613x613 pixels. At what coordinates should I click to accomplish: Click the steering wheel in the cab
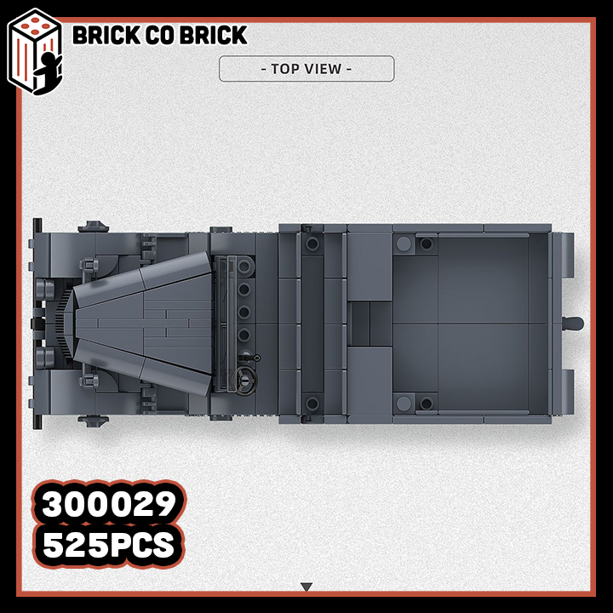244,379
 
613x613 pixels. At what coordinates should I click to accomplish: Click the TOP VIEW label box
306,69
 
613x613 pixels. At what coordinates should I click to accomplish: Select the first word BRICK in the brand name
106,35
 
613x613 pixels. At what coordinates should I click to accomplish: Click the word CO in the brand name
159,35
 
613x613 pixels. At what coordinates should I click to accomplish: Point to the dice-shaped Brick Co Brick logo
34,52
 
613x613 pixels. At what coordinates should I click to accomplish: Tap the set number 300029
109,504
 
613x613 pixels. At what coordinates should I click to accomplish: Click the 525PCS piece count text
108,545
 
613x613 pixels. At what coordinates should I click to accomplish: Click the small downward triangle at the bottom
306,587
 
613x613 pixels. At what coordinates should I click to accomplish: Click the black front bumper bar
37,324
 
